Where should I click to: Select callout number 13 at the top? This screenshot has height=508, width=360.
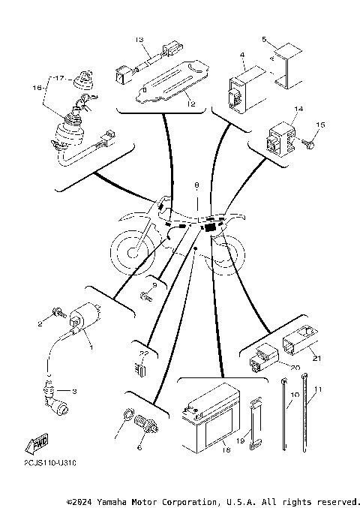139,38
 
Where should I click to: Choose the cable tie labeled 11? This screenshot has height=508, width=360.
305,420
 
